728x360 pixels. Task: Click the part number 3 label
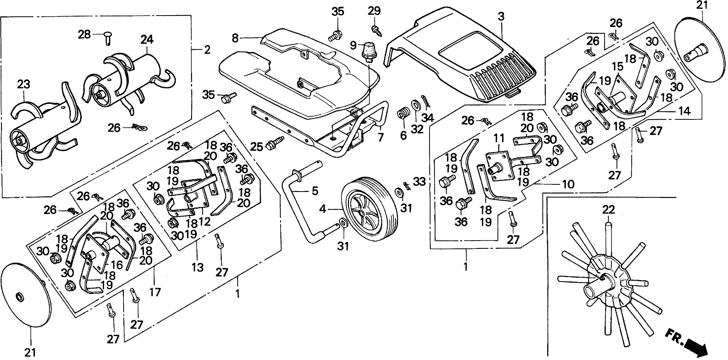coord(501,17)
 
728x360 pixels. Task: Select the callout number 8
coord(235,38)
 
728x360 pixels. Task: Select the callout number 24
coord(147,39)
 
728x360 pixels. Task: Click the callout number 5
coord(315,191)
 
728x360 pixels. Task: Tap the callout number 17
coord(155,292)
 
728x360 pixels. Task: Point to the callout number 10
coord(568,184)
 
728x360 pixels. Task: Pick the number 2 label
coord(207,50)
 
